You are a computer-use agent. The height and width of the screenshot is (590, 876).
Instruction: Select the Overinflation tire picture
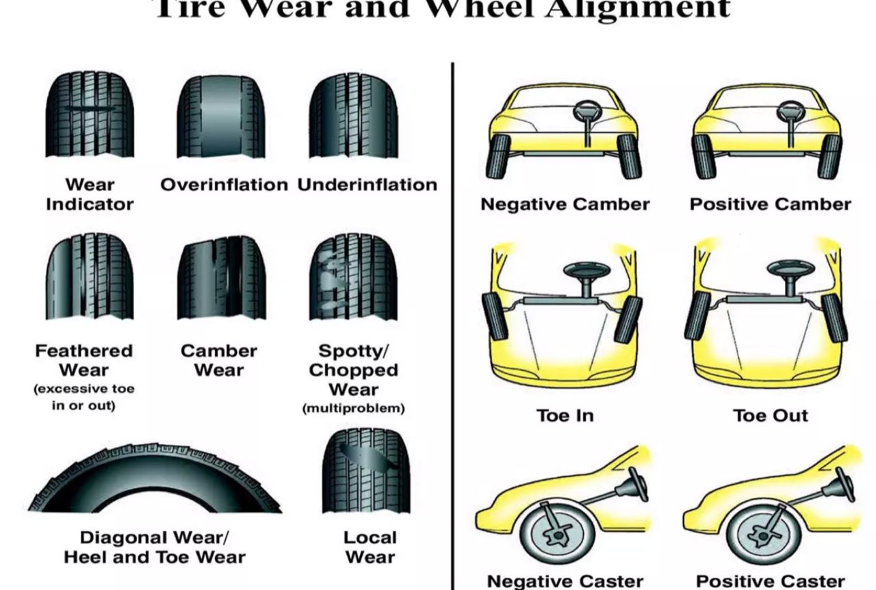click(x=220, y=116)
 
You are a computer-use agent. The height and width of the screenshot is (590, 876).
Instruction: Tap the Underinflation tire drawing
click(x=353, y=116)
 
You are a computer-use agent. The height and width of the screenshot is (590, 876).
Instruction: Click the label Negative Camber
click(x=565, y=204)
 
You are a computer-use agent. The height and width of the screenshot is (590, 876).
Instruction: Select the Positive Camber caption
click(x=770, y=204)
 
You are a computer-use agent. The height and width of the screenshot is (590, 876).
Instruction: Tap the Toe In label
click(x=565, y=415)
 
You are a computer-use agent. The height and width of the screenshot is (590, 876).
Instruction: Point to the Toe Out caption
click(x=771, y=415)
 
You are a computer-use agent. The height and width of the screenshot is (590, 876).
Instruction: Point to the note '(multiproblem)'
click(x=353, y=409)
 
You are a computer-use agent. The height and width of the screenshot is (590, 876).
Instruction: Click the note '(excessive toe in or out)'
click(x=84, y=397)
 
